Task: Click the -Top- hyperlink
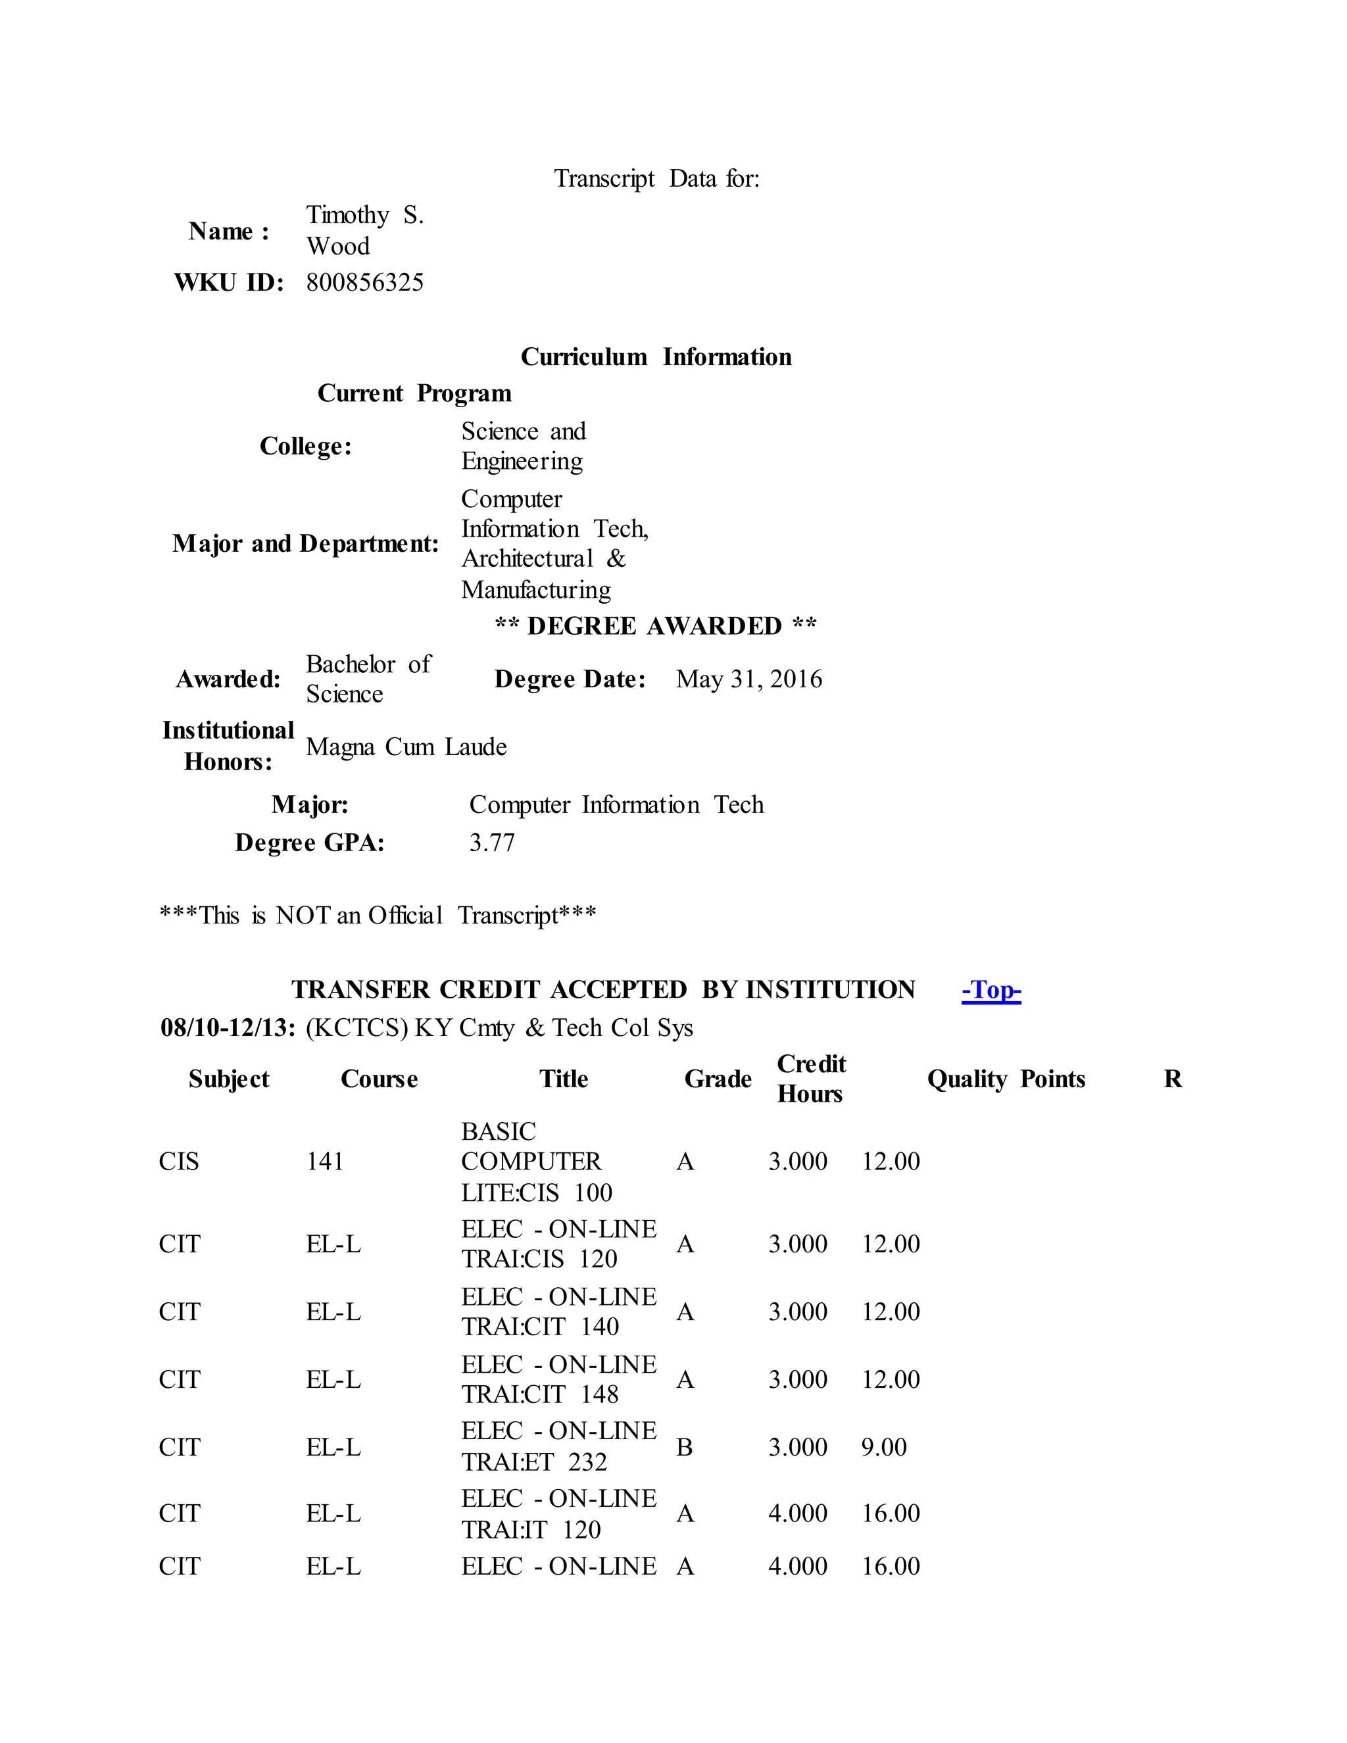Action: click(991, 990)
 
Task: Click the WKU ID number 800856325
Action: click(364, 283)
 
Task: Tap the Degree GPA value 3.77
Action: click(491, 843)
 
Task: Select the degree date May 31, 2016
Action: click(748, 679)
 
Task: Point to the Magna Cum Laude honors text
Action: click(406, 747)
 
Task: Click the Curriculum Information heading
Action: click(656, 356)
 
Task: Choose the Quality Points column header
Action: click(1006, 1079)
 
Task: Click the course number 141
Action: click(325, 1161)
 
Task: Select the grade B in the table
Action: click(684, 1447)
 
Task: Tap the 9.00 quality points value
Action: click(883, 1447)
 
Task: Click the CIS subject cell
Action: click(179, 1161)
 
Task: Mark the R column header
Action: click(1172, 1079)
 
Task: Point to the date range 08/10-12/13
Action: click(228, 1028)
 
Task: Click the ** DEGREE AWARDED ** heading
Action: click(655, 626)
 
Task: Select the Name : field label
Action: click(228, 232)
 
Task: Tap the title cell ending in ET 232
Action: click(558, 1447)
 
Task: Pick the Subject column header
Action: click(228, 1079)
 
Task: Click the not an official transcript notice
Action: click(378, 916)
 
